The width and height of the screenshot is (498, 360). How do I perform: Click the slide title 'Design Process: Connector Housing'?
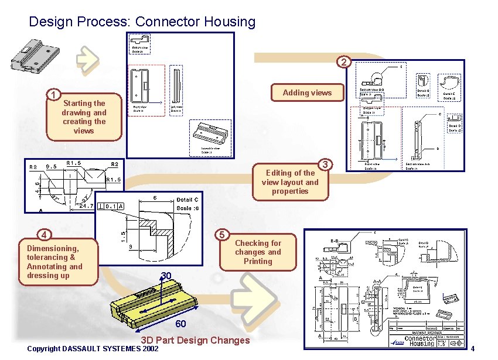pos(142,22)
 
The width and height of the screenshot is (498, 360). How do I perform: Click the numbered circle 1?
pos(53,95)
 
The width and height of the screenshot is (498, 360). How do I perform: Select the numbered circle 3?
pos(325,164)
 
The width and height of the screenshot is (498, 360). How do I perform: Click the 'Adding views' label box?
pos(306,92)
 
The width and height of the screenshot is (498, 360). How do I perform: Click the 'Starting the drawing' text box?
pos(84,117)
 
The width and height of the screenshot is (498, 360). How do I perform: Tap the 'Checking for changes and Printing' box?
pos(258,252)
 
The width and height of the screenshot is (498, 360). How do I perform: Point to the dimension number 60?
pos(180,325)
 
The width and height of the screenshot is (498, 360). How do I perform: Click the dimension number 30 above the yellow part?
pos(166,276)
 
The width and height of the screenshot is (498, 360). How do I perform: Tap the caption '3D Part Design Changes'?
pos(195,340)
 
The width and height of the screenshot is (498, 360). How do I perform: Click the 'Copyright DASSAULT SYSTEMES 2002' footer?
pos(93,349)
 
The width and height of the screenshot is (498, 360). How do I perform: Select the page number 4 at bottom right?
pos(473,349)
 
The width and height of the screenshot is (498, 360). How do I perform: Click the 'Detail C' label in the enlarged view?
pos(187,200)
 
